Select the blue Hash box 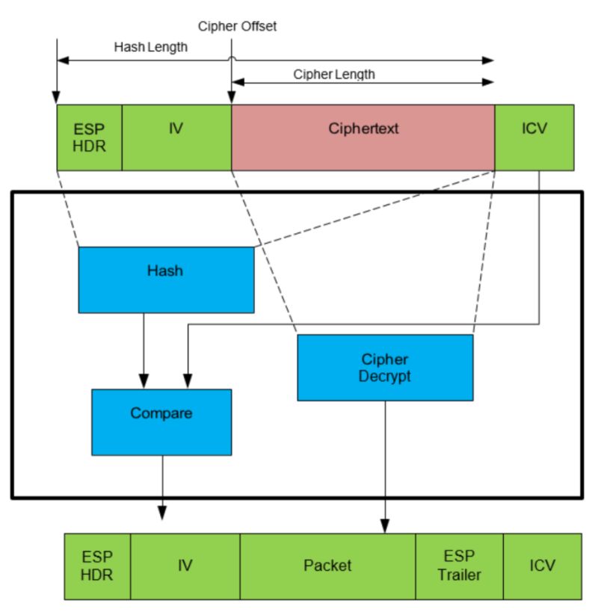[x=166, y=279]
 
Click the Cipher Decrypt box [x=385, y=367]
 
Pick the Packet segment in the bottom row [x=327, y=566]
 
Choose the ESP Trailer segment [x=459, y=566]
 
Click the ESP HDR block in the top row [x=89, y=137]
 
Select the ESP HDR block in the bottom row [x=97, y=566]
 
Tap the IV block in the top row [x=176, y=137]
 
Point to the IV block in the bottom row [x=185, y=566]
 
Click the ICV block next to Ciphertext [x=534, y=137]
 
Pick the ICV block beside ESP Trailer [x=542, y=566]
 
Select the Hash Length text [x=150, y=46]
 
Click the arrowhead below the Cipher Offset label [x=231, y=97]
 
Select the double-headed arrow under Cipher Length [x=363, y=81]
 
